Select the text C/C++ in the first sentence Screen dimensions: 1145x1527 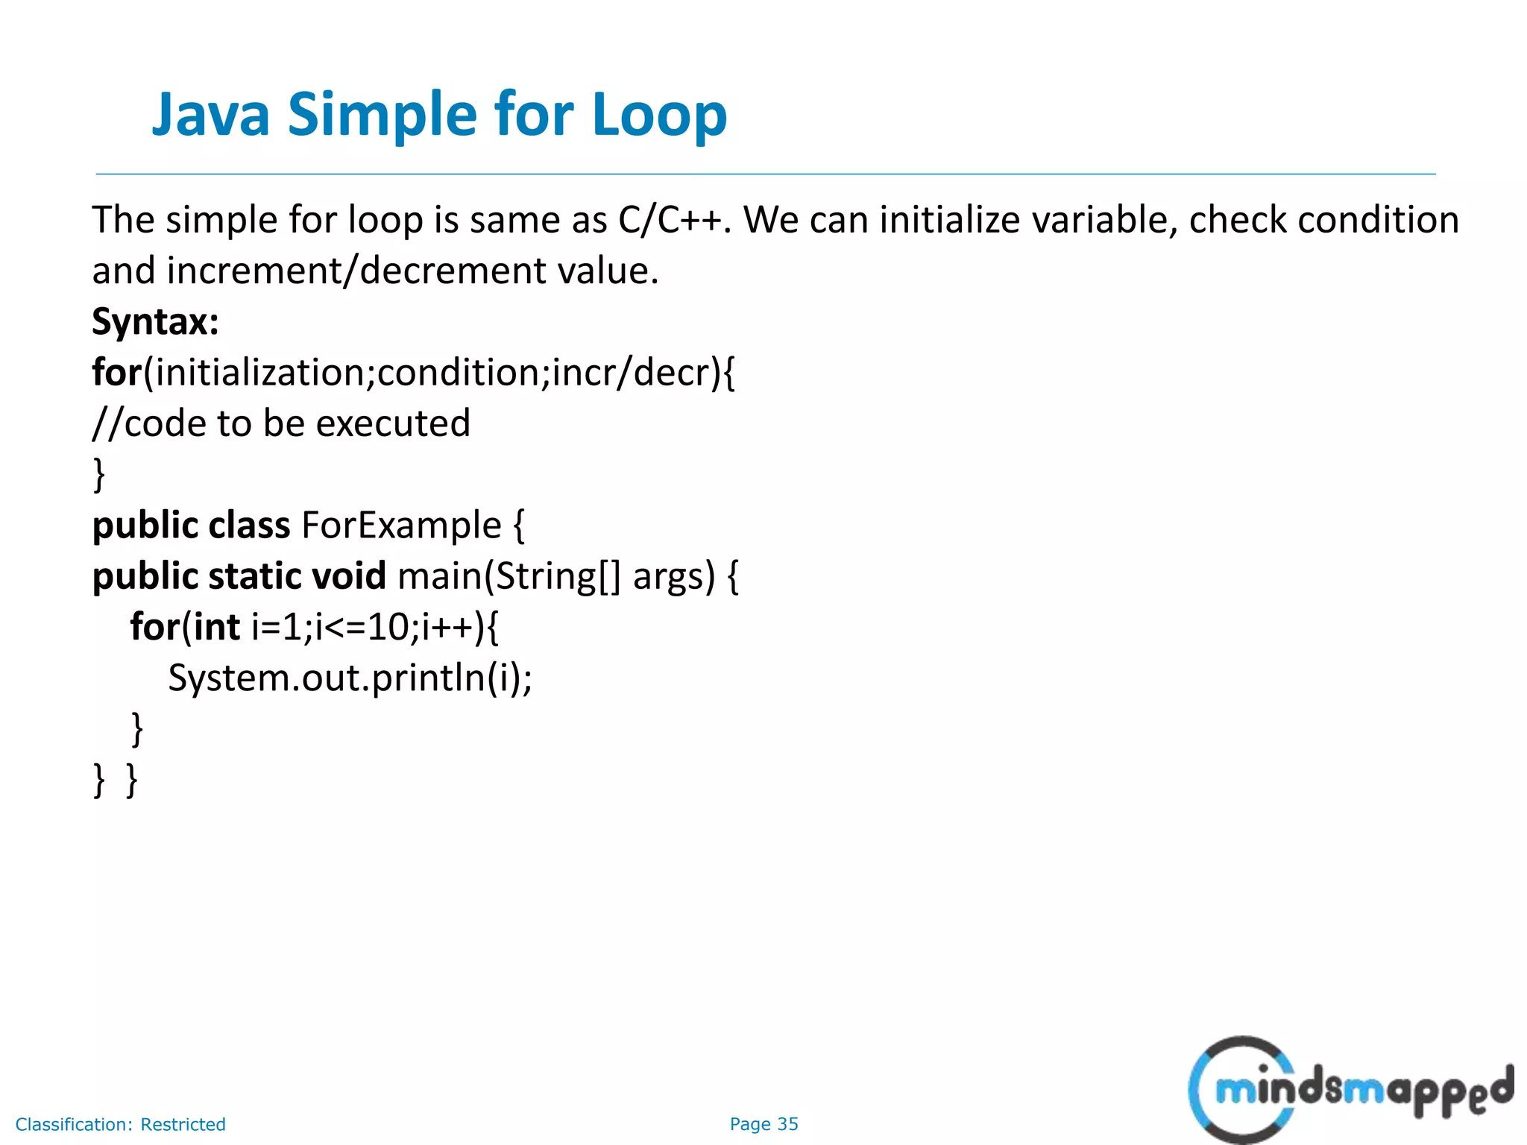[669, 220]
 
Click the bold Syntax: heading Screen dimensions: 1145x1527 [155, 322]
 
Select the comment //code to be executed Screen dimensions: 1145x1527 [281, 423]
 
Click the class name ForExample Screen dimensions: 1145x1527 [401, 526]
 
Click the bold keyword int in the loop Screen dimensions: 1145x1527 [216, 627]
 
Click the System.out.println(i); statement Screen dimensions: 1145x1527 [350, 678]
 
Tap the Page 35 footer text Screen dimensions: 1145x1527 [763, 1124]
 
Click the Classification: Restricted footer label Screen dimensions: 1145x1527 [120, 1124]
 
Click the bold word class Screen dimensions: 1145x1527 [249, 526]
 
